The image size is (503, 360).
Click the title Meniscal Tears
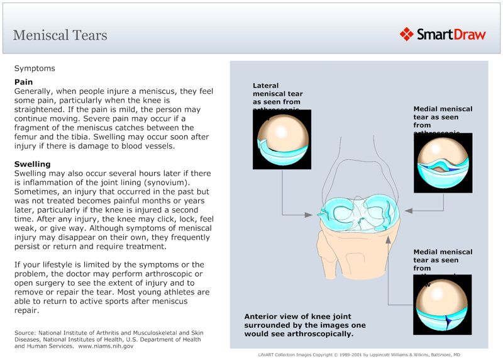[x=60, y=35]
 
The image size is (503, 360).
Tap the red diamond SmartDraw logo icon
[x=406, y=34]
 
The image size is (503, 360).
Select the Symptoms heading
[x=35, y=68]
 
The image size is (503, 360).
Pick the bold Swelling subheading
[x=33, y=164]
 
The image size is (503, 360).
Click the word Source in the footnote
[x=25, y=332]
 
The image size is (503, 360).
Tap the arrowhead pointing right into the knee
[x=309, y=215]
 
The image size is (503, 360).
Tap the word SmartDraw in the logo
[x=451, y=35]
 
